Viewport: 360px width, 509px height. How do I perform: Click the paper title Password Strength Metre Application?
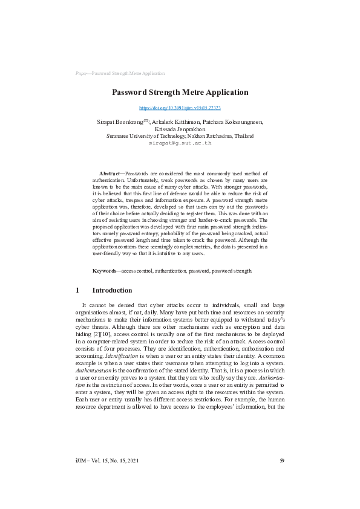click(180, 92)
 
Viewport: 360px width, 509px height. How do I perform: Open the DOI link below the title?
click(180, 108)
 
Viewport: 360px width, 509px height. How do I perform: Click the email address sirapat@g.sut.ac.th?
click(180, 143)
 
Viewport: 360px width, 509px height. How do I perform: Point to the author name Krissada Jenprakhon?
click(180, 129)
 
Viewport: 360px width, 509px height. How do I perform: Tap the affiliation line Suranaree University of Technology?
click(180, 137)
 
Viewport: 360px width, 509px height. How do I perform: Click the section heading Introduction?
click(112, 290)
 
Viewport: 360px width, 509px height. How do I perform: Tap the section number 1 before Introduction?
click(77, 290)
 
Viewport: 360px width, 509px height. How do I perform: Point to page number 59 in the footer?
click(282, 461)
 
